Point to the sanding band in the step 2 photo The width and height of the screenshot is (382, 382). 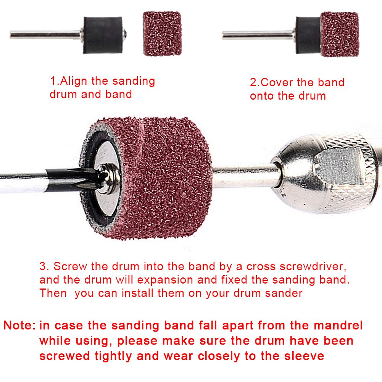(339, 34)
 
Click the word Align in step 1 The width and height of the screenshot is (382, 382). (75, 81)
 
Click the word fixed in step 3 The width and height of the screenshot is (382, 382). (236, 280)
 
